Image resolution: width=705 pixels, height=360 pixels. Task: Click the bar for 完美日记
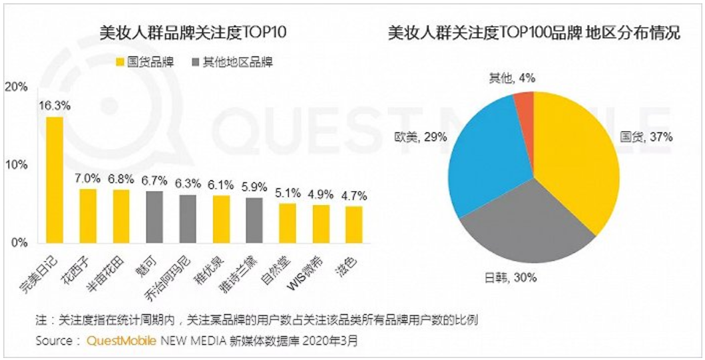point(54,179)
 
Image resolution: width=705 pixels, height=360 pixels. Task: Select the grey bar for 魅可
point(154,216)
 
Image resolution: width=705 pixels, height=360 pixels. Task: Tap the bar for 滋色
point(353,224)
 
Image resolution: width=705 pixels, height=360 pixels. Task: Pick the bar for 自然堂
point(287,222)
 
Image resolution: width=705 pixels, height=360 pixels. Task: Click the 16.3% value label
point(55,105)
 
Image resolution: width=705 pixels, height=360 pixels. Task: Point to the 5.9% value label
point(254,186)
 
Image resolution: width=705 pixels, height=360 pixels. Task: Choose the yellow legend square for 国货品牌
point(121,62)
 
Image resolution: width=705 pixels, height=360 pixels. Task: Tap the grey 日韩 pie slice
point(526,226)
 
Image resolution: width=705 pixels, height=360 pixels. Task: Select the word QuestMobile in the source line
point(120,341)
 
